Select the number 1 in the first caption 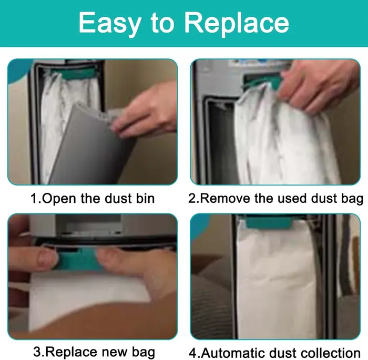[34, 199]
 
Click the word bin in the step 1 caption [146, 199]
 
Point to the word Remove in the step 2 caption [226, 199]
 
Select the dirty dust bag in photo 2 [282, 138]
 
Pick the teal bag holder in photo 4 [269, 223]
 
